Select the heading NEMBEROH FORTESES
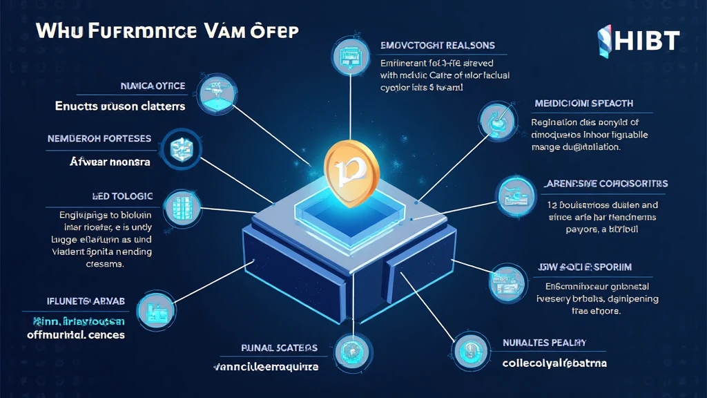(99, 138)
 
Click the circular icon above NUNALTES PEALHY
(465, 349)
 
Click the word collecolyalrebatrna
(554, 363)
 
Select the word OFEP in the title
(278, 32)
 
